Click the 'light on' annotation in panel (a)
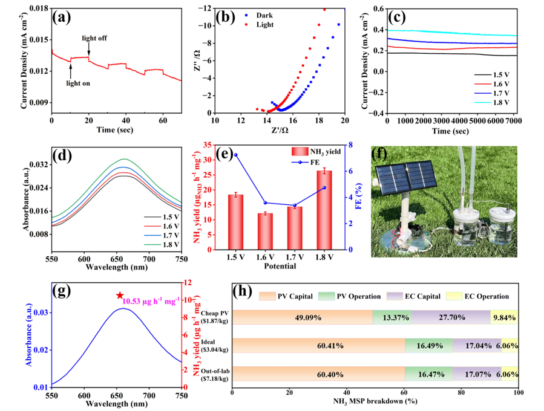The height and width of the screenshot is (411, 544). [78, 83]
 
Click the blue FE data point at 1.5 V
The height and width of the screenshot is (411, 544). [235, 155]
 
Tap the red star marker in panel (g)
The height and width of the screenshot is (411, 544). [120, 295]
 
